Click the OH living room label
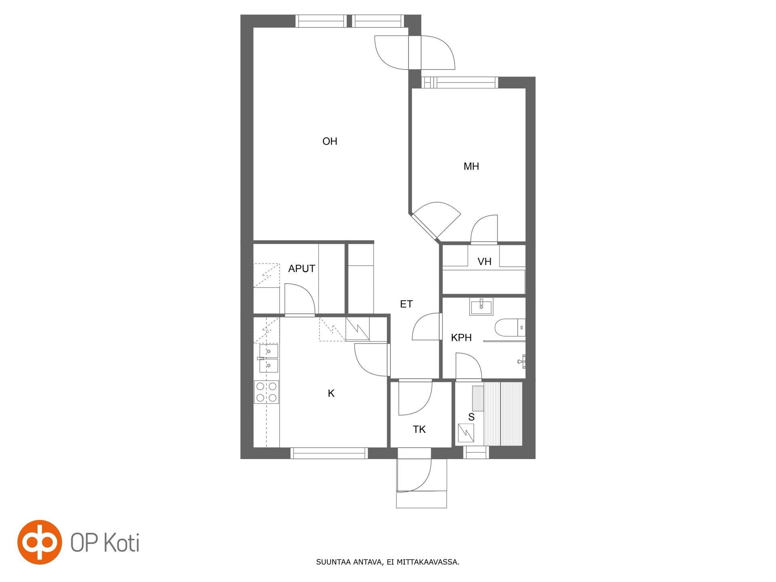point(330,141)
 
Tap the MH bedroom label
point(471,166)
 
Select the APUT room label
point(302,268)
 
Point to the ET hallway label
point(406,304)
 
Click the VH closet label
point(485,261)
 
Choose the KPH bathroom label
point(461,337)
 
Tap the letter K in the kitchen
point(331,393)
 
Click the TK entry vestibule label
point(419,429)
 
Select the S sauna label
point(471,417)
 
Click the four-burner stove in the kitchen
point(266,392)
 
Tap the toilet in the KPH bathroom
point(510,328)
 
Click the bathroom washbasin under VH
point(481,306)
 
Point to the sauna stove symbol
point(466,433)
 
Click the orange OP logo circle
point(40,542)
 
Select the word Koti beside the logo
point(122,543)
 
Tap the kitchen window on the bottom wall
point(329,453)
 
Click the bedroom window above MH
point(460,82)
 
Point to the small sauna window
point(476,452)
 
